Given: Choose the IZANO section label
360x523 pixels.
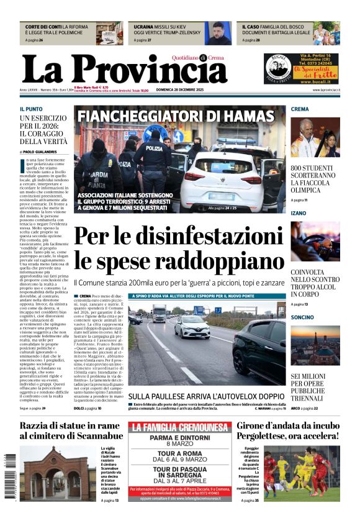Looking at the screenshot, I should [x=299, y=213].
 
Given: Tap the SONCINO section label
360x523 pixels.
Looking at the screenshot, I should [x=302, y=317].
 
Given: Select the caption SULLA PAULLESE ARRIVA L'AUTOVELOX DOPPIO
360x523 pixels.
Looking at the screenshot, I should [x=206, y=396].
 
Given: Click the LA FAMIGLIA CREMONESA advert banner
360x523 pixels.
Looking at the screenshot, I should [x=178, y=427].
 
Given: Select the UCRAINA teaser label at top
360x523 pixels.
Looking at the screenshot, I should [x=144, y=27].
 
